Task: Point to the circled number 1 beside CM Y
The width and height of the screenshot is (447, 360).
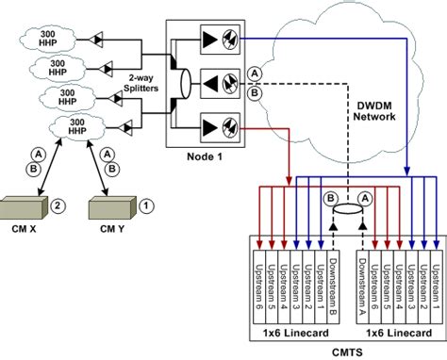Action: [145, 204]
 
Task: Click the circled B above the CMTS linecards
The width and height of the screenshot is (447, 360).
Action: [331, 200]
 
